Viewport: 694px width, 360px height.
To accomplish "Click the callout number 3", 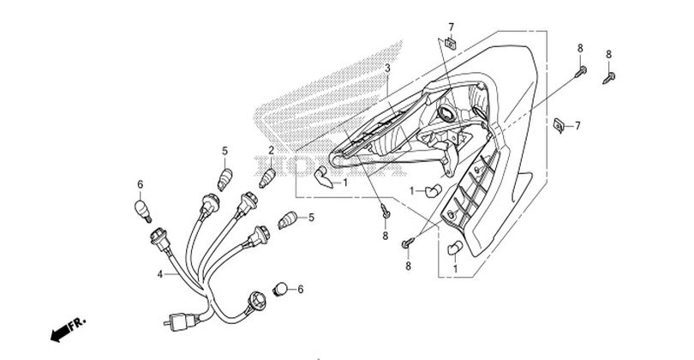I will pyautogui.click(x=387, y=67).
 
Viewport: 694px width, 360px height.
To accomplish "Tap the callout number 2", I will pyautogui.click(x=272, y=150).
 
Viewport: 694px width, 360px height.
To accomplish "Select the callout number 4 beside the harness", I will pyautogui.click(x=160, y=275).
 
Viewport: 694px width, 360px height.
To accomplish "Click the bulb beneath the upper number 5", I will pyautogui.click(x=226, y=178).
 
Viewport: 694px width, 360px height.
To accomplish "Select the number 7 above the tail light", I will pyautogui.click(x=452, y=28).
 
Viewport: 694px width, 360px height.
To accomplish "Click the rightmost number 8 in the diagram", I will pyautogui.click(x=609, y=54).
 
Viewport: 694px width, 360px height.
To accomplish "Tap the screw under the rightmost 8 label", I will pyautogui.click(x=612, y=78).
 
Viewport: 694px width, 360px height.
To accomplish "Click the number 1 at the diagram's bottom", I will pyautogui.click(x=455, y=269).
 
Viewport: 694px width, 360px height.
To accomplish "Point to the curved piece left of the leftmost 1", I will pyautogui.click(x=323, y=178).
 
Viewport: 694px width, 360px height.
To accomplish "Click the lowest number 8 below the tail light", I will pyautogui.click(x=409, y=267).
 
